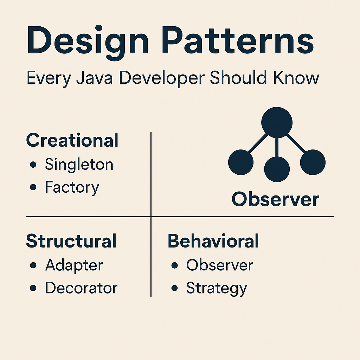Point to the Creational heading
click(x=72, y=141)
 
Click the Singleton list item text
click(x=79, y=165)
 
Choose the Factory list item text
click(x=72, y=188)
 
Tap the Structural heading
click(x=71, y=241)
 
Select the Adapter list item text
click(x=74, y=265)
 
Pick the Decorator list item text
click(x=81, y=288)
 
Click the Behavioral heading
click(x=213, y=241)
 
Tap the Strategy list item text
click(x=217, y=289)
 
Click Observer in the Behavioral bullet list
click(x=219, y=265)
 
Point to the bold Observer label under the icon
click(x=275, y=200)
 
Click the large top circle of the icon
click(x=277, y=123)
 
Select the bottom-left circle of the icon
click(x=241, y=162)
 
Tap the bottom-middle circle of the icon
click(x=277, y=169)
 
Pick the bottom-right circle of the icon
click(x=313, y=162)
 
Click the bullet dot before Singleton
click(x=33, y=165)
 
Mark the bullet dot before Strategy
click(x=175, y=288)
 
